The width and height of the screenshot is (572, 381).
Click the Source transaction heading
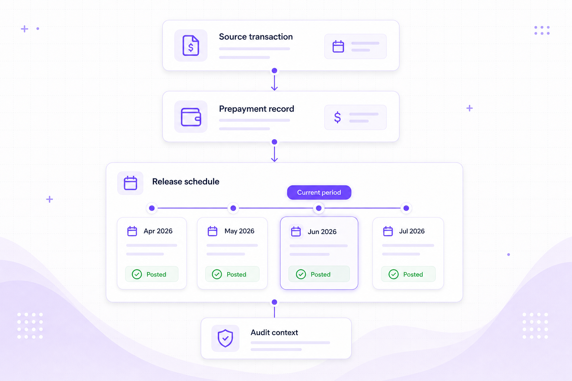point(255,37)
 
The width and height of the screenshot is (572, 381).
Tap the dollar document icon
point(191,45)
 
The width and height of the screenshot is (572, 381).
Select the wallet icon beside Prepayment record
point(191,117)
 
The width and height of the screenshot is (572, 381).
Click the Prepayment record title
point(256,109)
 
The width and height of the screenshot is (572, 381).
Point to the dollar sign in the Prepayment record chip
point(337,117)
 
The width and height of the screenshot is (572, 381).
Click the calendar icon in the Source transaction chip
point(338,47)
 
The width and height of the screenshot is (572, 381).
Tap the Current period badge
point(319,192)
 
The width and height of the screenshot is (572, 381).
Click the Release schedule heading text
point(186,182)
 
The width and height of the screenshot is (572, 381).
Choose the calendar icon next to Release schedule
point(130,183)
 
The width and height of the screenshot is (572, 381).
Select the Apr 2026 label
point(158,231)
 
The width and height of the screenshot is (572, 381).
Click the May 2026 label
point(239,231)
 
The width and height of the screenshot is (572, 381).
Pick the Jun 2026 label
point(322,232)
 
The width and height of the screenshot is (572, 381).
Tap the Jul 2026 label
point(411,231)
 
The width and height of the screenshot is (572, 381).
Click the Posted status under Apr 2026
point(152,274)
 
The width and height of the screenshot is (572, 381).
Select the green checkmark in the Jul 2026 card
point(394,274)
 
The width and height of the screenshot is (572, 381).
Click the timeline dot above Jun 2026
point(319,208)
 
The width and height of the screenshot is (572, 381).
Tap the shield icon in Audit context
point(225,338)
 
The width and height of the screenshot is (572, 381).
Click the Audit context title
point(274,333)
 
